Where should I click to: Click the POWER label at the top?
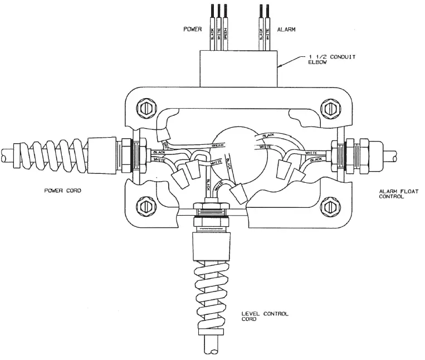pyautogui.click(x=192, y=28)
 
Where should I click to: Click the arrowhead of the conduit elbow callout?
pyautogui.click(x=280, y=67)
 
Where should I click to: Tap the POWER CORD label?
pyautogui.click(x=62, y=190)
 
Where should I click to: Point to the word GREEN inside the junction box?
pyautogui.click(x=202, y=146)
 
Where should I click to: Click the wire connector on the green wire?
pyautogui.click(x=163, y=134)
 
